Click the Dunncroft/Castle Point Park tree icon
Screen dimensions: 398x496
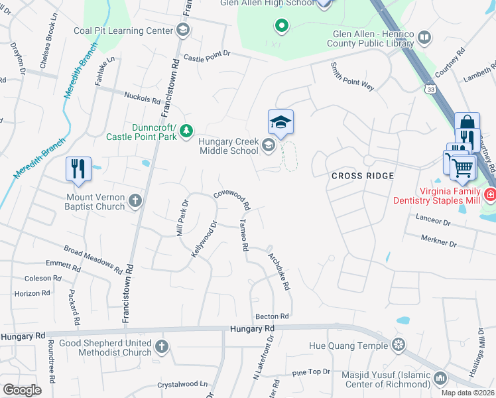188,129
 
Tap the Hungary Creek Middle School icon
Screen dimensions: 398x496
269,145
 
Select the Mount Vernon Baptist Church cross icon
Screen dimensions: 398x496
135,201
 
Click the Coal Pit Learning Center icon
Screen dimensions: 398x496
183,30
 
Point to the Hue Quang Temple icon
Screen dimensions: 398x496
399,345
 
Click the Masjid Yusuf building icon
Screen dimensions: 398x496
440,378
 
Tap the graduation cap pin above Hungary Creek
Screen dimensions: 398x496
280,122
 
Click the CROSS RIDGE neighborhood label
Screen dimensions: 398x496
362,176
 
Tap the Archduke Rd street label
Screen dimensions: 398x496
279,271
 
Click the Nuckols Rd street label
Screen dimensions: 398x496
143,99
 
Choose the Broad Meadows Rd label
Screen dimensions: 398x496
93,259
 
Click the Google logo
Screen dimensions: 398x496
23,390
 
